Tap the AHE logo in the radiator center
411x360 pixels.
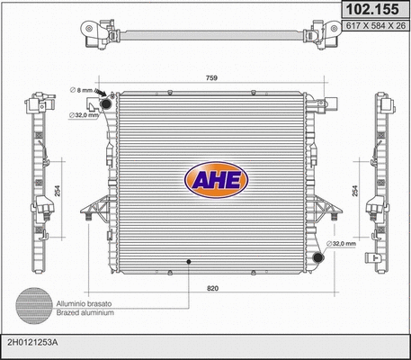click(x=213, y=177)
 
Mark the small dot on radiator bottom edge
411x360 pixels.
click(x=188, y=262)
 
